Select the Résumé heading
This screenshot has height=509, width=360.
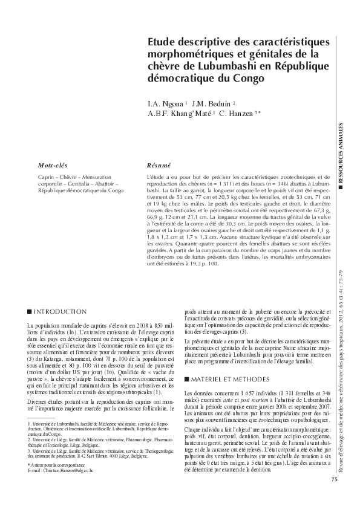(159, 165)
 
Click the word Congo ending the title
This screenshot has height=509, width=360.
(249, 79)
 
